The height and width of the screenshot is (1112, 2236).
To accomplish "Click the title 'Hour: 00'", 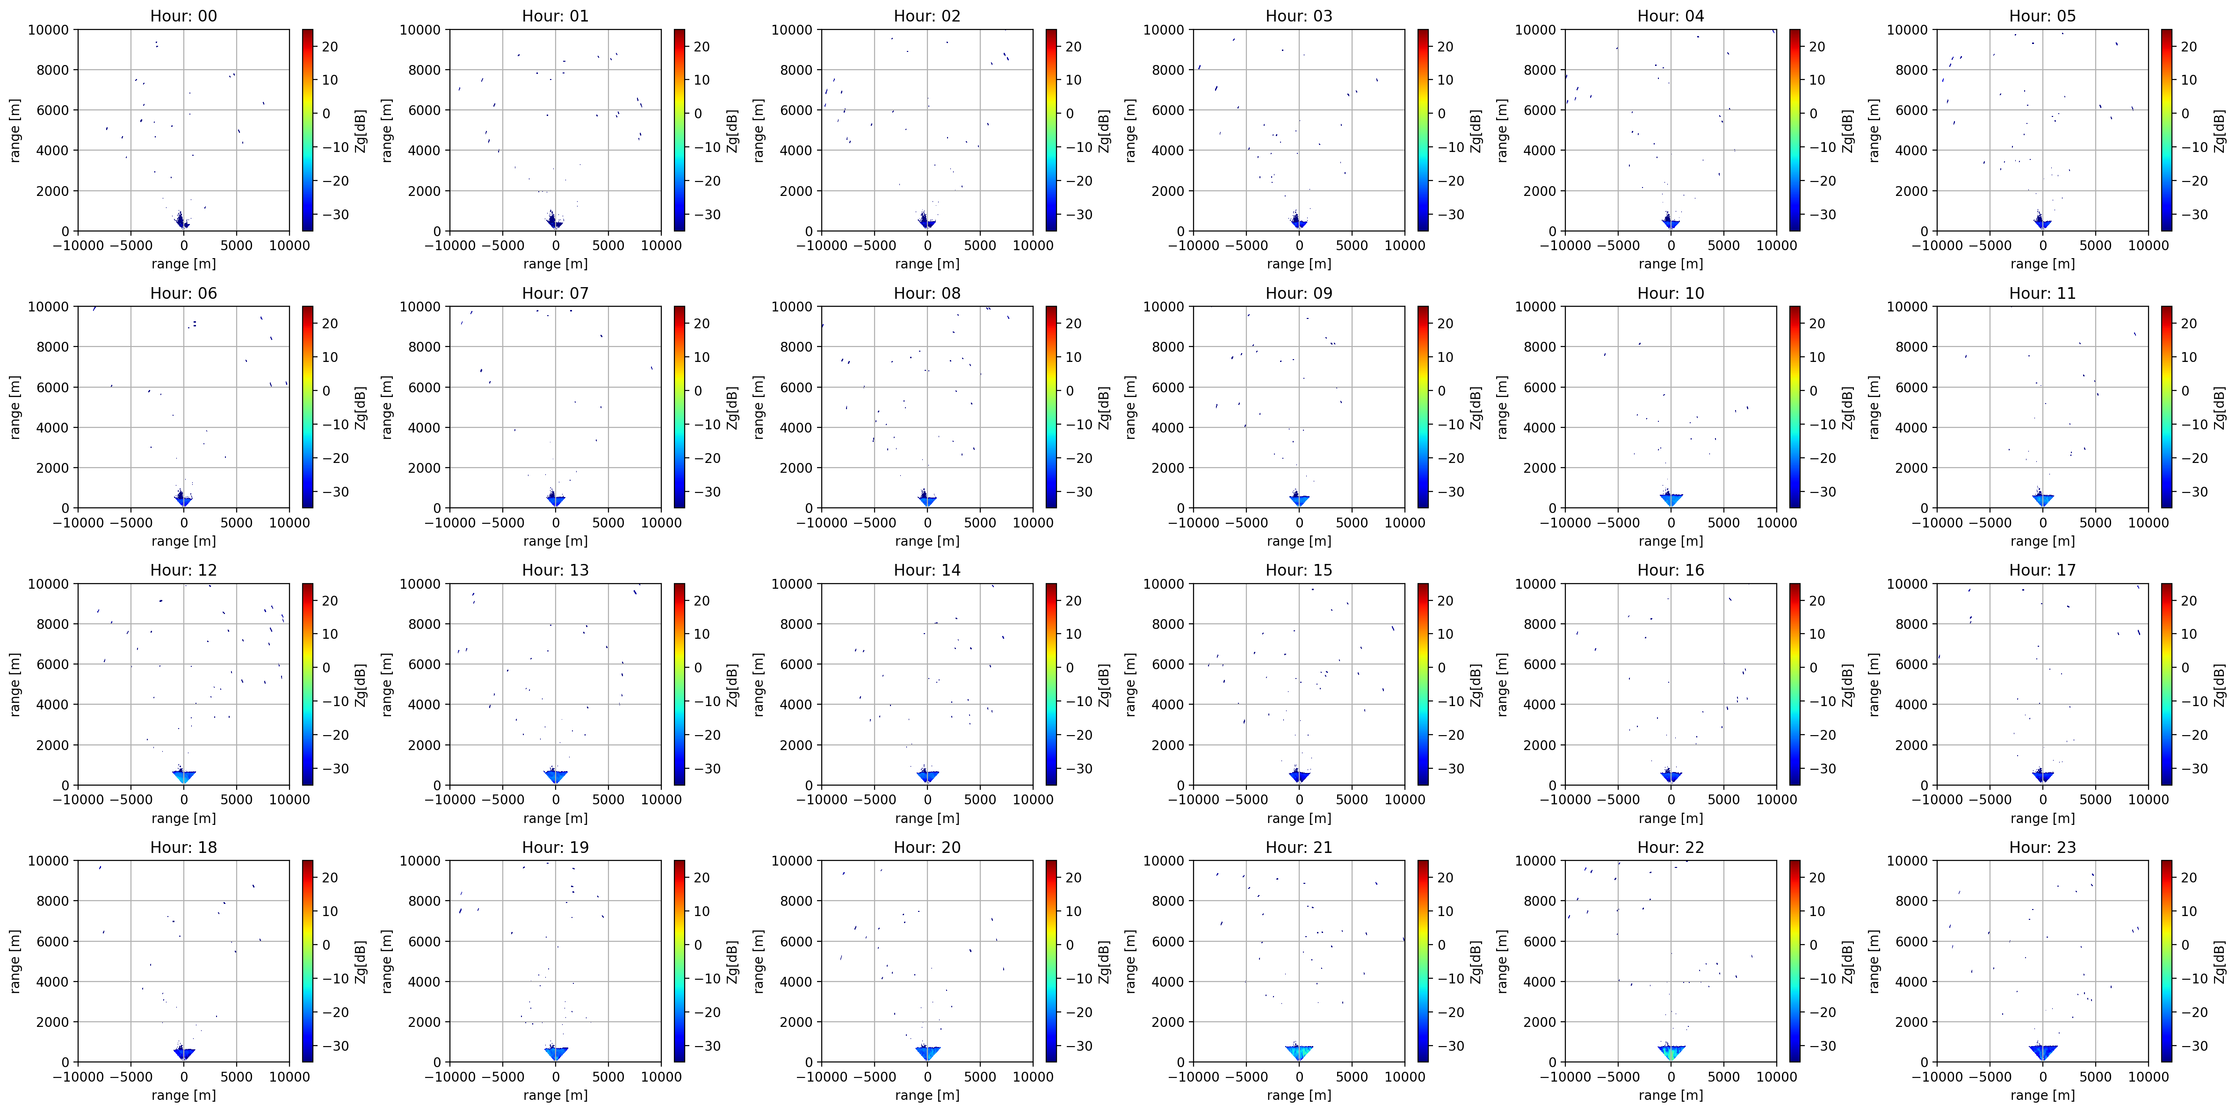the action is (183, 15).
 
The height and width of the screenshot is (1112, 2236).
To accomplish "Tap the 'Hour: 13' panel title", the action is (555, 570).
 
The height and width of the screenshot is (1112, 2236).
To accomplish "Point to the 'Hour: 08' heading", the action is (927, 293).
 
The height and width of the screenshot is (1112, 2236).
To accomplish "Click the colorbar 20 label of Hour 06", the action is (330, 323).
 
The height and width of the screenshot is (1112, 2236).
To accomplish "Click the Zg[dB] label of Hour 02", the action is (1104, 130).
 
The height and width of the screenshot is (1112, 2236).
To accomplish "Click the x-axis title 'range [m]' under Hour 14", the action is (927, 818).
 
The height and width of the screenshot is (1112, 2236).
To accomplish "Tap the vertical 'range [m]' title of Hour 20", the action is (759, 961).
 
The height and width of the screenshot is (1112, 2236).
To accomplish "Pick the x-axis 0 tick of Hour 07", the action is (556, 523).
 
